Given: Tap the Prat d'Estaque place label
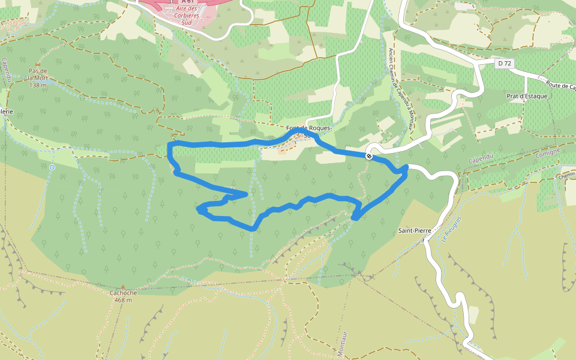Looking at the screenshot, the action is pyautogui.click(x=527, y=96).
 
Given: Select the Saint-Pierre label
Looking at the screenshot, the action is pyautogui.click(x=415, y=230).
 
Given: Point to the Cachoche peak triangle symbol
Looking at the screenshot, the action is pyautogui.click(x=123, y=287).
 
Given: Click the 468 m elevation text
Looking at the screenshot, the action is pyautogui.click(x=123, y=300).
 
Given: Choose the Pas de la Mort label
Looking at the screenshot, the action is pyautogui.click(x=37, y=74).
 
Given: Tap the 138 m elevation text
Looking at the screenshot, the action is pyautogui.click(x=37, y=85).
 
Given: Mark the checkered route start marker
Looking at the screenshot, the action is pyautogui.click(x=369, y=156).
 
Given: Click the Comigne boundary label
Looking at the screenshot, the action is pyautogui.click(x=548, y=151).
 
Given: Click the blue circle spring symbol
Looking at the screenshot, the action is pyautogui.click(x=52, y=167).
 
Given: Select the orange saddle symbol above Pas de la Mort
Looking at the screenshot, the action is pyautogui.click(x=37, y=64).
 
